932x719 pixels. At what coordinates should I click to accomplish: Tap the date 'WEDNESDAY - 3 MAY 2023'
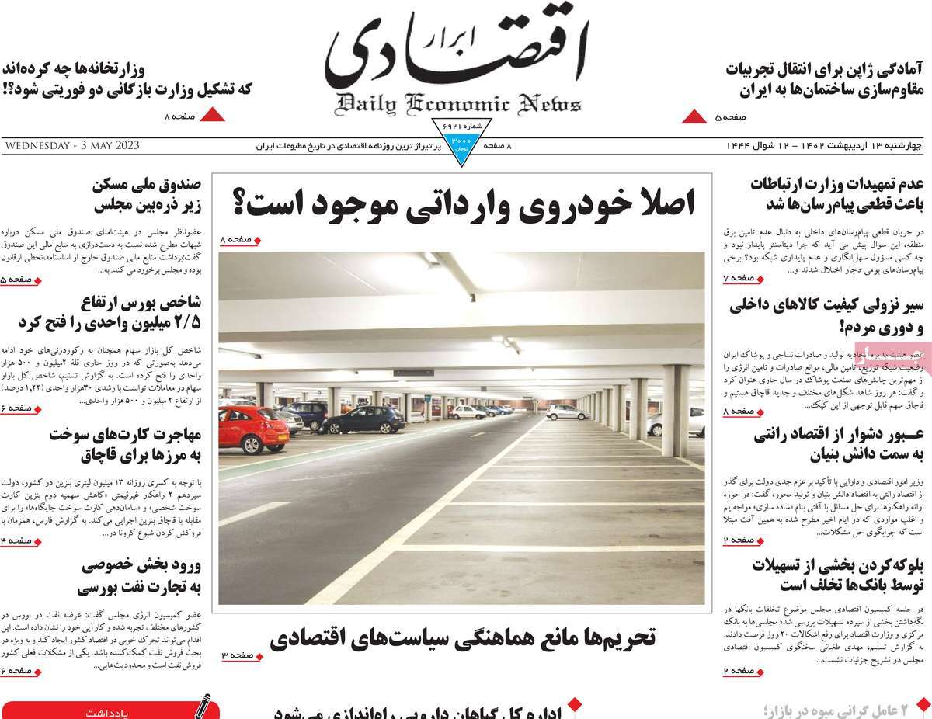point(71,145)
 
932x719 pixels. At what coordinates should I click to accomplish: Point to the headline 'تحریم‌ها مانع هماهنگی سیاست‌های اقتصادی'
point(463,637)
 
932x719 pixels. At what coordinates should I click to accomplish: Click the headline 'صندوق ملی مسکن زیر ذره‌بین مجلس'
point(147,196)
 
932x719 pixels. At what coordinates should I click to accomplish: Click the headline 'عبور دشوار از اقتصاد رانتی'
point(838,446)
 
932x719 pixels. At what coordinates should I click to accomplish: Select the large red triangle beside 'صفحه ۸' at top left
point(213,116)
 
